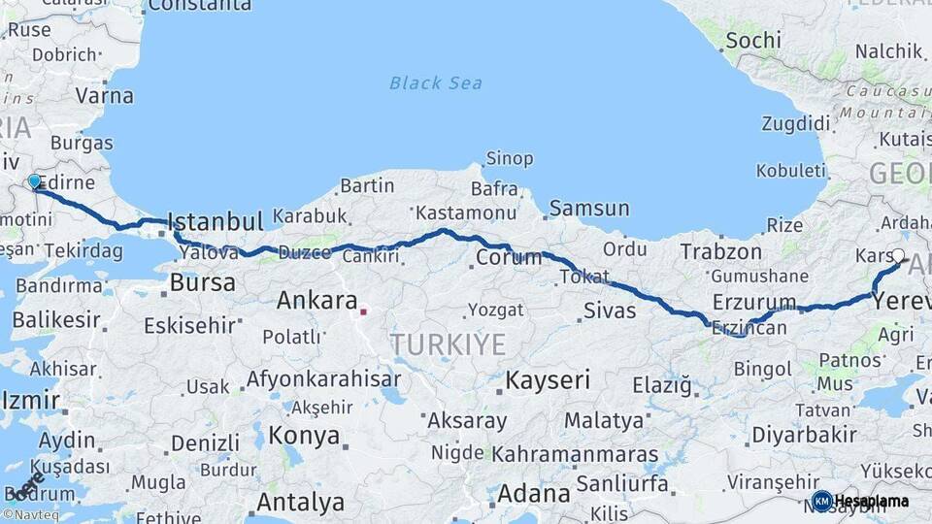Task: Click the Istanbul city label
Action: coord(216,220)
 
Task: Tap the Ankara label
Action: coord(317,300)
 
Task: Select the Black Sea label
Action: coord(436,82)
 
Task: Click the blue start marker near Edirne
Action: coord(35,181)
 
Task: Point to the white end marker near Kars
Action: coord(898,257)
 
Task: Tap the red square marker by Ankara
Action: coord(363,311)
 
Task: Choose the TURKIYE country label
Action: coord(448,344)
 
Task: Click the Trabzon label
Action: coord(721,251)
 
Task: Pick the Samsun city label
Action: coord(589,208)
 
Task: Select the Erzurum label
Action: coord(754,302)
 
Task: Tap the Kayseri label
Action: coord(548,379)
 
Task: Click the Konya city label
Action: coord(305,434)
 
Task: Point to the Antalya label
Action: coord(300,503)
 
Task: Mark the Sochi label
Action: coord(752,40)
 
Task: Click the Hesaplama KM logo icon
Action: coord(821,501)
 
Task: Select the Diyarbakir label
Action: coord(805,434)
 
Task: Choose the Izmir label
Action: coord(31,399)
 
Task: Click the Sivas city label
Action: coord(610,311)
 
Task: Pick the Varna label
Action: coord(104,96)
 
